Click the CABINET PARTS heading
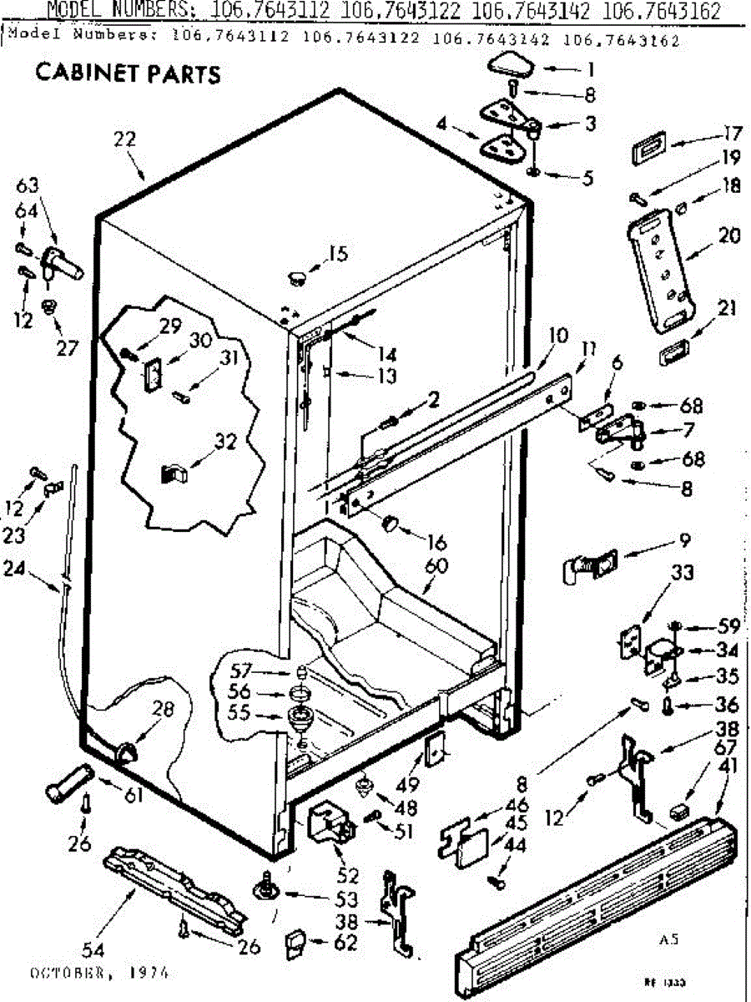(128, 74)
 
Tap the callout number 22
(124, 140)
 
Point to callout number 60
(436, 566)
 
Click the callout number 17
(732, 133)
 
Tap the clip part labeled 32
(173, 473)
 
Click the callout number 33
(659, 574)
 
